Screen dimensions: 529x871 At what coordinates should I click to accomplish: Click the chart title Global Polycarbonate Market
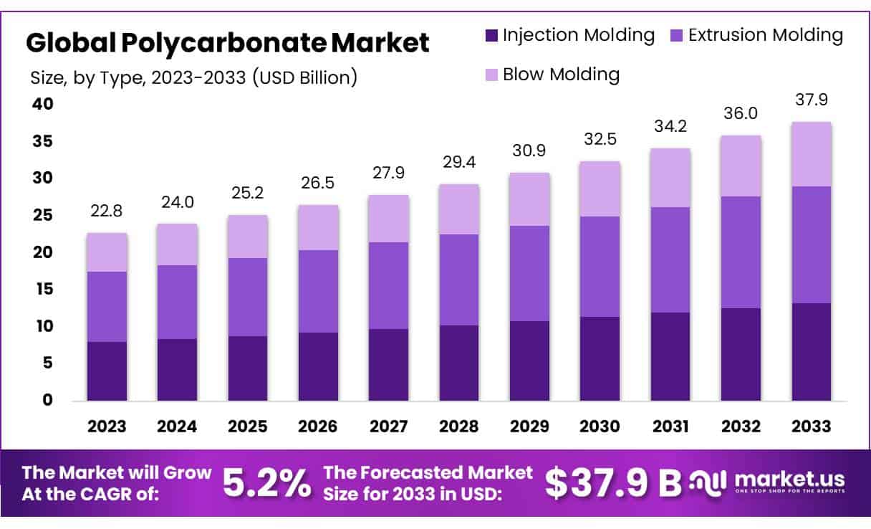(x=228, y=43)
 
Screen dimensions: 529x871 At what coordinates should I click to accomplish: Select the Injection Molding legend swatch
(x=491, y=35)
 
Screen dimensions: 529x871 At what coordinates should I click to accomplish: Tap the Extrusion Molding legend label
(x=766, y=35)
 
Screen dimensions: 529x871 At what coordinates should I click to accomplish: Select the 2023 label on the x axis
(x=107, y=426)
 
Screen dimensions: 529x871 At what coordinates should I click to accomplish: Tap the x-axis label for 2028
(x=458, y=426)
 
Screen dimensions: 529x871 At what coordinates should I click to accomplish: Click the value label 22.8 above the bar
(x=107, y=211)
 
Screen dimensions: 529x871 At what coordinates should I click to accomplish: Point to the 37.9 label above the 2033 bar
(x=811, y=100)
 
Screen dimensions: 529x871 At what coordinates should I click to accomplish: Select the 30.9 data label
(x=529, y=151)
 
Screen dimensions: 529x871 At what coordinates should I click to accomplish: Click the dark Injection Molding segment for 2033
(x=811, y=351)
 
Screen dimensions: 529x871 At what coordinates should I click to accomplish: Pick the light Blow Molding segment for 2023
(x=107, y=252)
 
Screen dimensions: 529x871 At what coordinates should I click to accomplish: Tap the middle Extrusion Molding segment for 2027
(x=388, y=285)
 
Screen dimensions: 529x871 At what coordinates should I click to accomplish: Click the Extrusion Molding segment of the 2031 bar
(x=670, y=259)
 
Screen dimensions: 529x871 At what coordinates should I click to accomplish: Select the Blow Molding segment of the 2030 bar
(x=600, y=189)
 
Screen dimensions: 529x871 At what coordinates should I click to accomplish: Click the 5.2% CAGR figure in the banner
(x=266, y=482)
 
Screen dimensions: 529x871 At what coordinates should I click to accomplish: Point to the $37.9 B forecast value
(x=613, y=482)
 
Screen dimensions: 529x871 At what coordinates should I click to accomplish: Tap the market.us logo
(x=766, y=481)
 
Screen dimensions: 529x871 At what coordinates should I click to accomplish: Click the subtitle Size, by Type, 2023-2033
(x=193, y=77)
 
